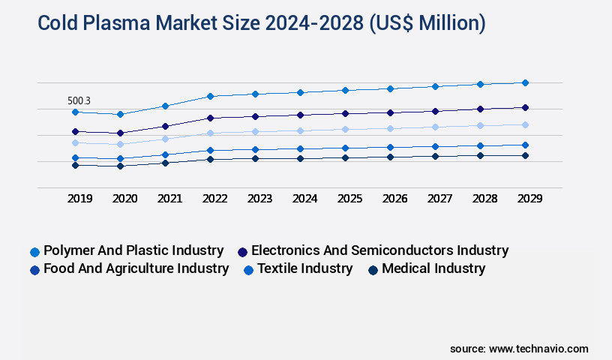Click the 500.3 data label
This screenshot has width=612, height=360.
(x=79, y=100)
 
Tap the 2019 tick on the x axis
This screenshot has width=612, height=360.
(x=80, y=199)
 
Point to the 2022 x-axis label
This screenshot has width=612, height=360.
(x=214, y=199)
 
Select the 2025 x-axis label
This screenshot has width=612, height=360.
(x=349, y=199)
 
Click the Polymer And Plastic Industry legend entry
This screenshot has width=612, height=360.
(x=133, y=250)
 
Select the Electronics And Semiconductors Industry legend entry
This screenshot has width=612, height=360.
(x=379, y=250)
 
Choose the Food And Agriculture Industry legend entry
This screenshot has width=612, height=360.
(x=135, y=268)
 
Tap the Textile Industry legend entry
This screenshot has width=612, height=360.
(x=304, y=268)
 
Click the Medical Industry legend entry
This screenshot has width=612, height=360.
(x=433, y=268)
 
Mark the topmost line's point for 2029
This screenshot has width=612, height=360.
(x=525, y=82)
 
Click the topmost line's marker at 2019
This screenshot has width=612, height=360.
(x=75, y=112)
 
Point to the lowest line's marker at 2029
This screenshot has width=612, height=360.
(x=525, y=155)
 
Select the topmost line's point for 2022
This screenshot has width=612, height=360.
(x=210, y=96)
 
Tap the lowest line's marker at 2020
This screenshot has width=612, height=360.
(x=120, y=166)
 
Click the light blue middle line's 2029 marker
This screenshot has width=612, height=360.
(x=525, y=124)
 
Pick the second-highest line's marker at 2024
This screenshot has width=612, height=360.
(x=300, y=115)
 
